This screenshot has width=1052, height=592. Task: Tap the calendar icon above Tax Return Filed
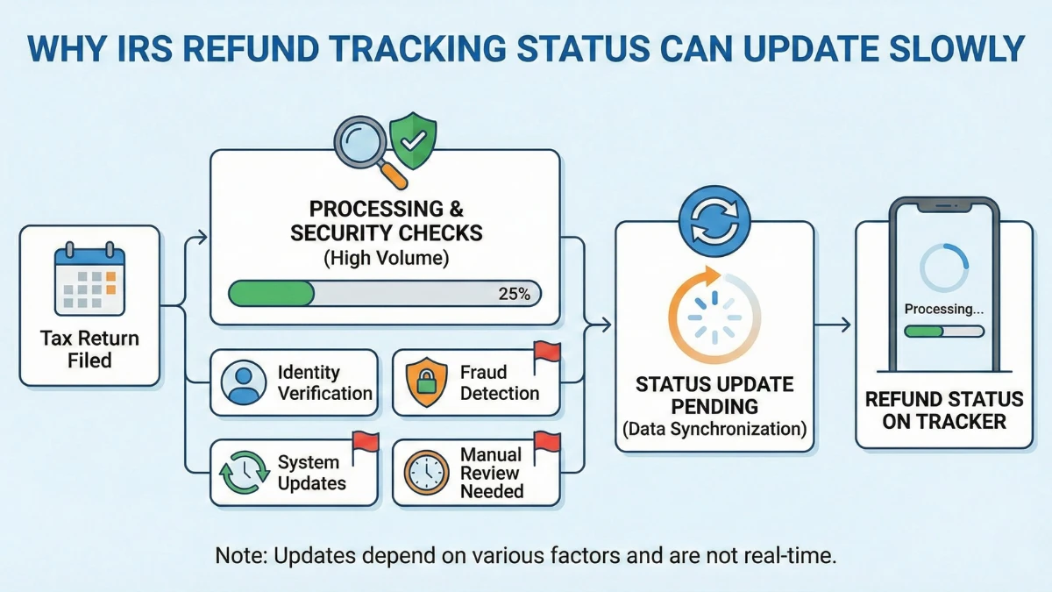pos(89,281)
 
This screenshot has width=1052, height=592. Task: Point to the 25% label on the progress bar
pos(513,294)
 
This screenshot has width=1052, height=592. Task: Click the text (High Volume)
pos(384,259)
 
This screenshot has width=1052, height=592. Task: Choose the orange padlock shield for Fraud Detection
pos(426,382)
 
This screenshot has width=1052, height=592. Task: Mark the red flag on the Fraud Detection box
pos(546,353)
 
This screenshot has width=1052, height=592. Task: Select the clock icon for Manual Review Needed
pos(426,473)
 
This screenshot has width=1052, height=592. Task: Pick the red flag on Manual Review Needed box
pos(546,442)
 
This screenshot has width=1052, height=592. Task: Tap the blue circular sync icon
pos(715,224)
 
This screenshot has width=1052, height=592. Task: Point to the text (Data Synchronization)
pos(714,430)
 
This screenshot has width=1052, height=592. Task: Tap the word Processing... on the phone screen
pos(943,309)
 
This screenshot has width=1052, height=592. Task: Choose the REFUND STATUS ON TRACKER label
pos(944,410)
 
